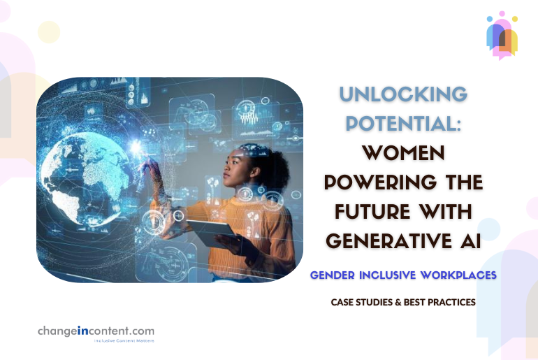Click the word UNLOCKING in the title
coord(403,94)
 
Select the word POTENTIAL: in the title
coord(403,123)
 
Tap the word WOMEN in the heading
coord(403,152)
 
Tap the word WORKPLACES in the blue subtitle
coord(459,275)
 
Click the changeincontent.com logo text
coord(96,331)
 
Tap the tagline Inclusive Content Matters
coord(124,340)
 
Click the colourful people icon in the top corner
coord(502,34)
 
